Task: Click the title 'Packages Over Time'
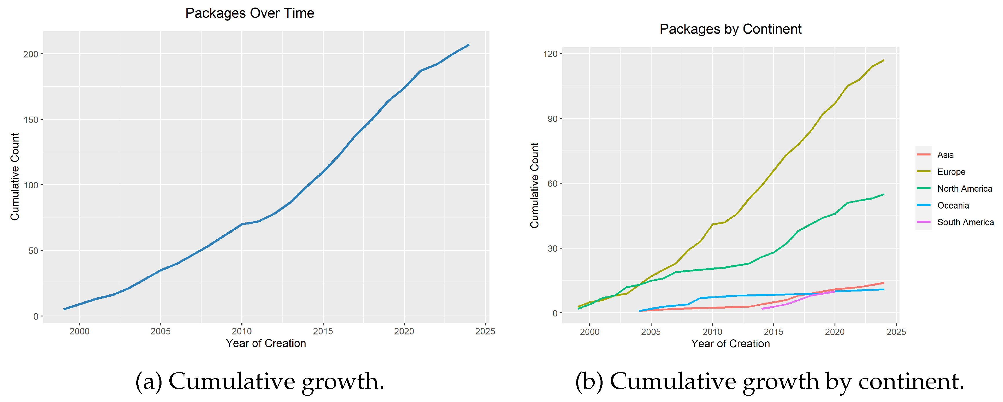pos(250,13)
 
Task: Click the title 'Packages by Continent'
pos(730,29)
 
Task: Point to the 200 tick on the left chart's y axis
pos(31,54)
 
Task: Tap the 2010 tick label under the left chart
pos(242,332)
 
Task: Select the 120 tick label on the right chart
pos(550,54)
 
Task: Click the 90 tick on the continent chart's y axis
pos(552,119)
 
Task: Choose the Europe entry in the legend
pos(951,172)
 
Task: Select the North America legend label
pos(964,189)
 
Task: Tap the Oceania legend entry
pos(953,206)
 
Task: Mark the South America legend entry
pos(965,222)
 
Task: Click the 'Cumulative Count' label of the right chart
pos(535,185)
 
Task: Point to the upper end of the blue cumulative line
pos(468,45)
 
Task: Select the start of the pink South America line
pos(762,309)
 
